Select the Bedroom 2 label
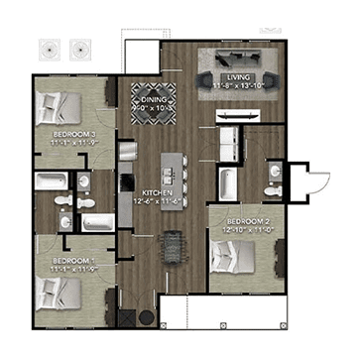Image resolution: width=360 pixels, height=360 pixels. [248, 219]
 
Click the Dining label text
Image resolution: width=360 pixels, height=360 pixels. [154, 99]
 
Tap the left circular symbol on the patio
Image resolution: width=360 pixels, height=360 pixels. [51, 48]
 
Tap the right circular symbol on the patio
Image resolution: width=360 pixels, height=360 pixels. [79, 48]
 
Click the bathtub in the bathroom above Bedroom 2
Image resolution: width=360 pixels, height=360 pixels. [227, 182]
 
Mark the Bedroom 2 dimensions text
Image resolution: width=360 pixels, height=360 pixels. [248, 228]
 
